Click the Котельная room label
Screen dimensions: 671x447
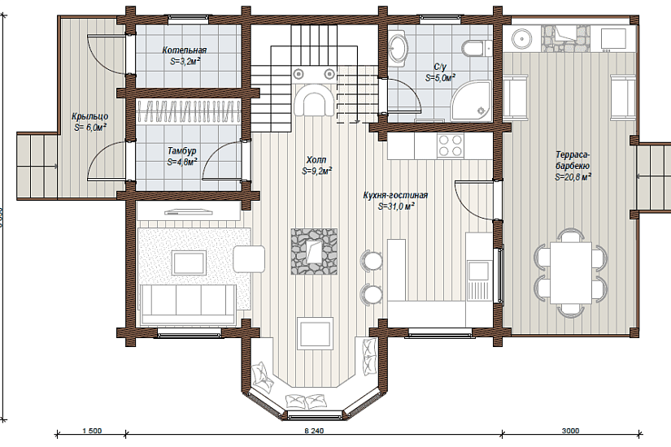(185, 50)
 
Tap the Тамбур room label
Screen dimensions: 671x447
(182, 151)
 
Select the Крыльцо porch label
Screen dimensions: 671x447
(89, 116)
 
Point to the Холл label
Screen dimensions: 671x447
(316, 160)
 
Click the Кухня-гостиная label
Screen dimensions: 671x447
(395, 196)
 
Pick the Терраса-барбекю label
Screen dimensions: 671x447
(573, 160)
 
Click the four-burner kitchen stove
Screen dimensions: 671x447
(451, 145)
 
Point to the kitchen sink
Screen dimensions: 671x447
(477, 271)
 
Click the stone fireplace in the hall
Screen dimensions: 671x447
(314, 251)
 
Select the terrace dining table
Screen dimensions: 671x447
(571, 272)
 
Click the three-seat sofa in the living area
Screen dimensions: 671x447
(187, 303)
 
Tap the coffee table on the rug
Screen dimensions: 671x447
(189, 263)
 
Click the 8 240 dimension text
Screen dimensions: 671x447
(314, 431)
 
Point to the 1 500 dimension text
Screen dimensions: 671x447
(92, 431)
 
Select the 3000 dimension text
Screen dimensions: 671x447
(570, 431)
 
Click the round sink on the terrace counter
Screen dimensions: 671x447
(522, 38)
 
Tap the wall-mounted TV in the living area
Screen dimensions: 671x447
(189, 210)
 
